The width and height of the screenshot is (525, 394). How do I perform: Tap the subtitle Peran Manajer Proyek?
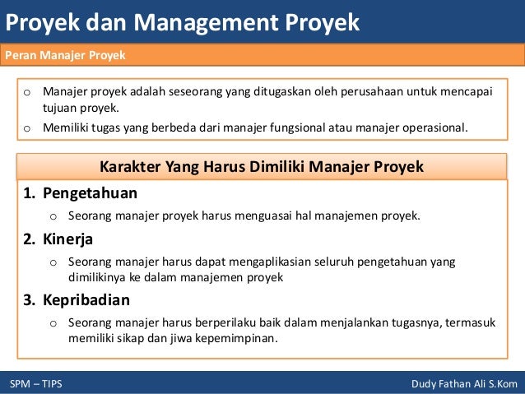(x=65, y=55)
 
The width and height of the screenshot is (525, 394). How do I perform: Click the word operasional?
(x=426, y=127)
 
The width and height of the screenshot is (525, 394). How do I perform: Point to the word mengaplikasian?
(x=270, y=262)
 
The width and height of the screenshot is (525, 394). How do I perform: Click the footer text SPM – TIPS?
(x=35, y=384)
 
